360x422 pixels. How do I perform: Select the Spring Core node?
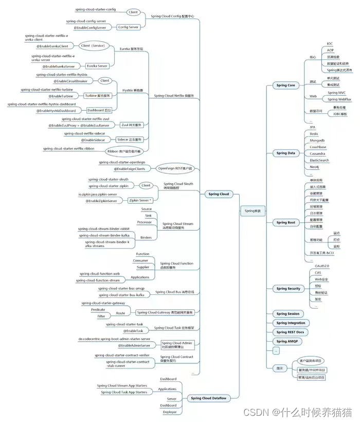[285, 85]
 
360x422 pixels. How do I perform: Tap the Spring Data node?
[285, 153]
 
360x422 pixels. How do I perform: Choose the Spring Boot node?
[285, 222]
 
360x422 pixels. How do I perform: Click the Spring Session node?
[287, 313]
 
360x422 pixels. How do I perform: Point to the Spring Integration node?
[291, 323]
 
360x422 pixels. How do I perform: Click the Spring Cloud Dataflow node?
[208, 398]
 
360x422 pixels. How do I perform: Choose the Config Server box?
[128, 27]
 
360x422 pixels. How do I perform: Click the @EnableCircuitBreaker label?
[70, 81]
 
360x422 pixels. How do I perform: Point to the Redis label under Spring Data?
[314, 133]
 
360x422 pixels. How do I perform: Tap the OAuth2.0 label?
[322, 266]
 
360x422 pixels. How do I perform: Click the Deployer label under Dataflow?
[170, 412]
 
